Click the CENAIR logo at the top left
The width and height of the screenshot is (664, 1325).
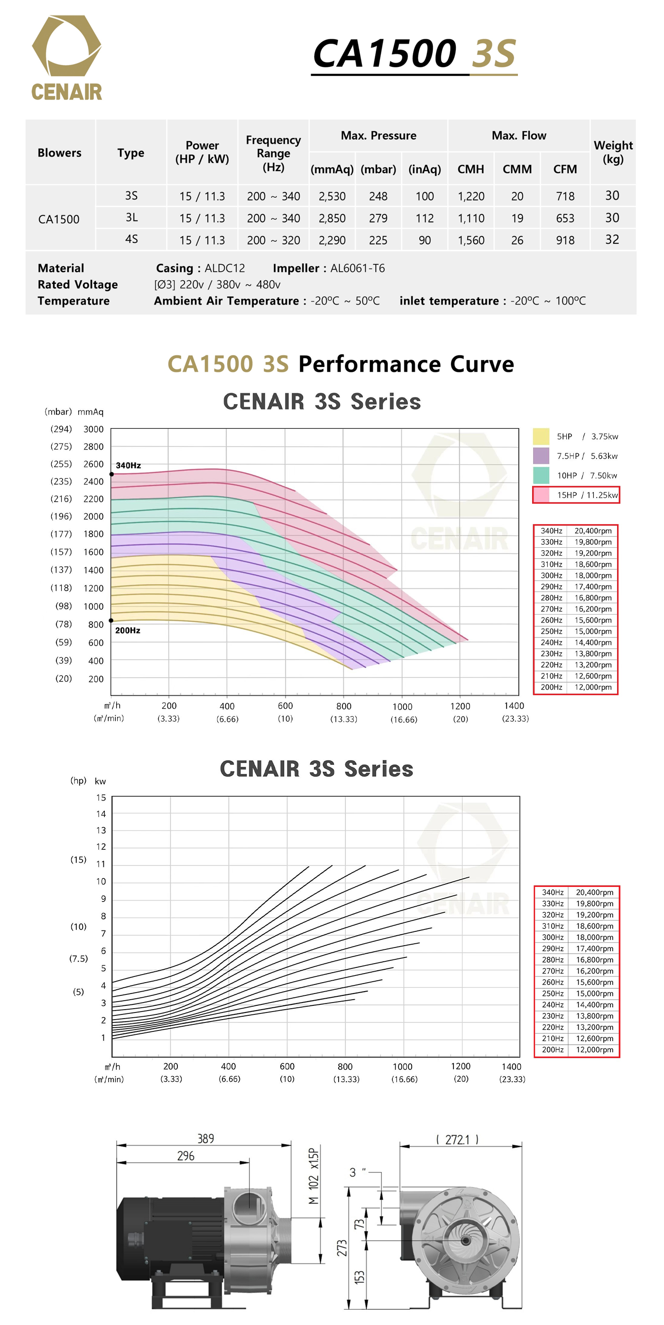coord(67,57)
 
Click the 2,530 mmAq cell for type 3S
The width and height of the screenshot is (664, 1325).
coord(332,196)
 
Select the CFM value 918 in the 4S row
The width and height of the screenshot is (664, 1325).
coord(565,240)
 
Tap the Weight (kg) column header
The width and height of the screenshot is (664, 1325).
coord(613,152)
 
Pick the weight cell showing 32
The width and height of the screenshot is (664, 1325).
coord(611,239)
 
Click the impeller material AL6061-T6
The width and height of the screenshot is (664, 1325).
coord(357,268)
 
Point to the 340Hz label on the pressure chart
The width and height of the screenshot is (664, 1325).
coord(128,466)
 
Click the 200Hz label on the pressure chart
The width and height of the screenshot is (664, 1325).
coord(128,631)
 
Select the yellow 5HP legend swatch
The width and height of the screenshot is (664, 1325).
coord(541,437)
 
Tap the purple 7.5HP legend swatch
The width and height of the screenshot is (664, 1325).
coord(541,456)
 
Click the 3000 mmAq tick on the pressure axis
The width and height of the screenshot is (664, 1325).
coord(93,430)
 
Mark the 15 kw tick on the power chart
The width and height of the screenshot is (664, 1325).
coord(101,798)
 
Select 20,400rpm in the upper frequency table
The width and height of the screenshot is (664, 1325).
coord(593,531)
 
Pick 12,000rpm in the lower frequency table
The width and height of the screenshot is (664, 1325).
coord(594,1050)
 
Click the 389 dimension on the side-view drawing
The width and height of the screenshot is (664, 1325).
coord(205,1139)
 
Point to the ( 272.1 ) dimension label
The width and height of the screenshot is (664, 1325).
coord(457,1140)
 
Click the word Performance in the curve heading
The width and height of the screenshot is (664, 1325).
coord(369,364)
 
